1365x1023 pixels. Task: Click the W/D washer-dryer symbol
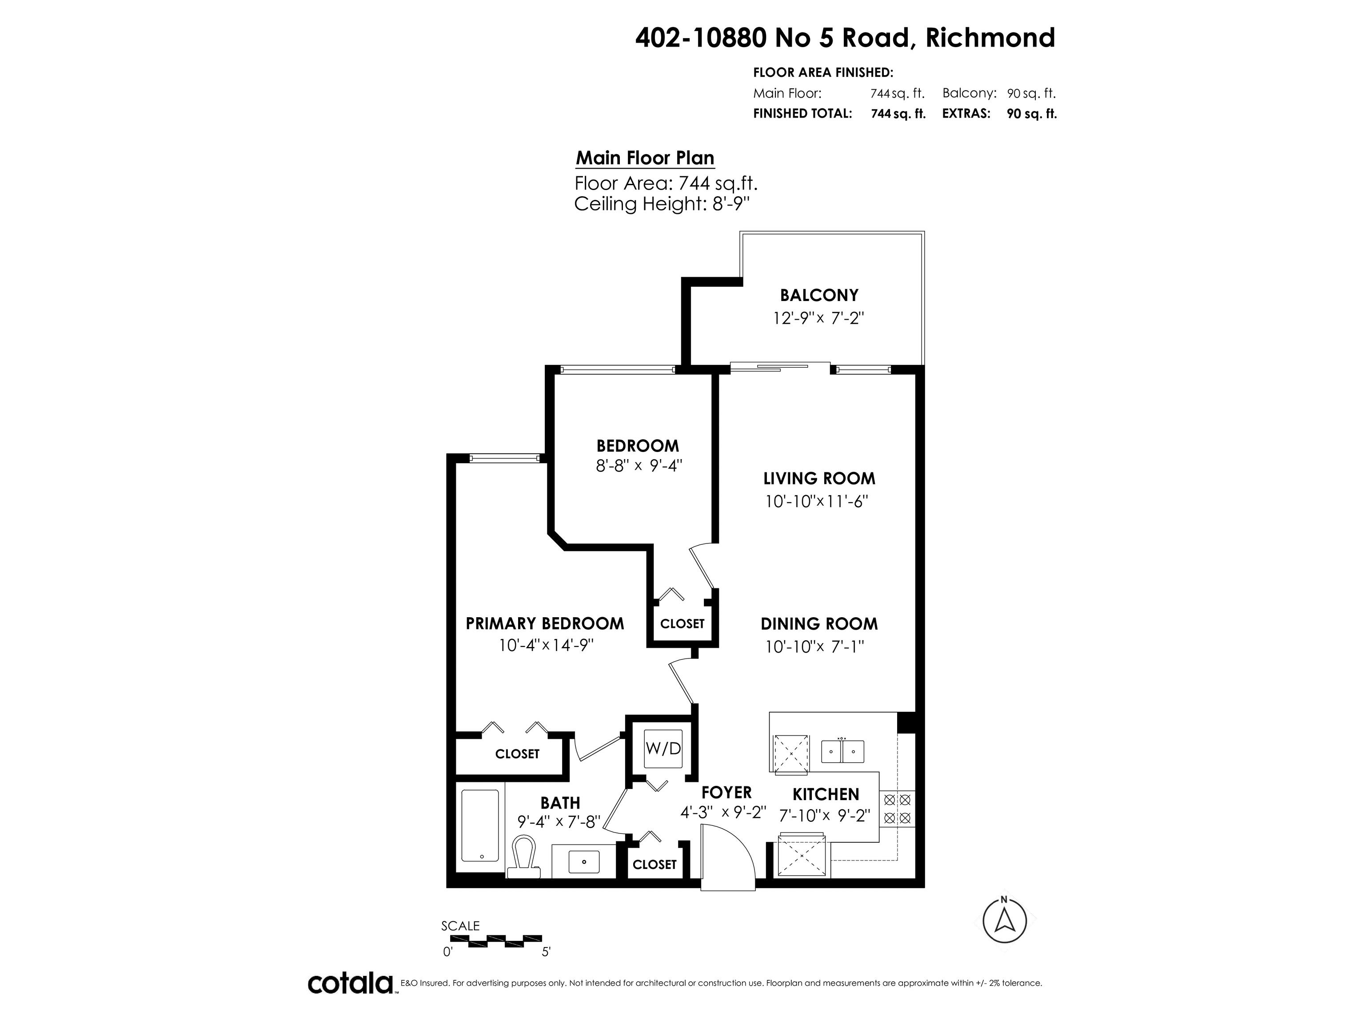[x=663, y=749]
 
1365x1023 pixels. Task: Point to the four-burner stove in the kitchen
[x=897, y=809]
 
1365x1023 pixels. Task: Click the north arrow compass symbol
[x=1005, y=920]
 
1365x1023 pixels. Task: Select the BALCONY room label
[x=819, y=295]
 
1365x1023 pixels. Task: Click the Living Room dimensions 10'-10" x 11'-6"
[x=816, y=501]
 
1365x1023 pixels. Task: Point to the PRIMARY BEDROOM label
[x=545, y=623]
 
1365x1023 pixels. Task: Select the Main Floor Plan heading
[x=645, y=159]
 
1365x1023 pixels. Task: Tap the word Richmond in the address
[x=990, y=38]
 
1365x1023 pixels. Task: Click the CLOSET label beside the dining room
[x=682, y=623]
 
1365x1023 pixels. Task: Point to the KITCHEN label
[x=826, y=794]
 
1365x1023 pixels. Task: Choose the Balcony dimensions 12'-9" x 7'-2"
[x=818, y=318]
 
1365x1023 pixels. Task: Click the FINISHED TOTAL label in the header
[x=802, y=114]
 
